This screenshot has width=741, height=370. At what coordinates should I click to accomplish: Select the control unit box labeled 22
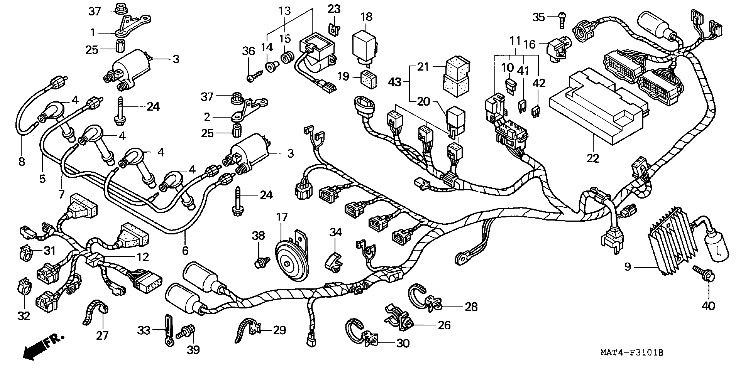point(592,109)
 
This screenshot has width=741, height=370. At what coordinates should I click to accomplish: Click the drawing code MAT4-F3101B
point(632,360)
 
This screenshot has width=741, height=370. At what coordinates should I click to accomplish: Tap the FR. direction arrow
point(43,348)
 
